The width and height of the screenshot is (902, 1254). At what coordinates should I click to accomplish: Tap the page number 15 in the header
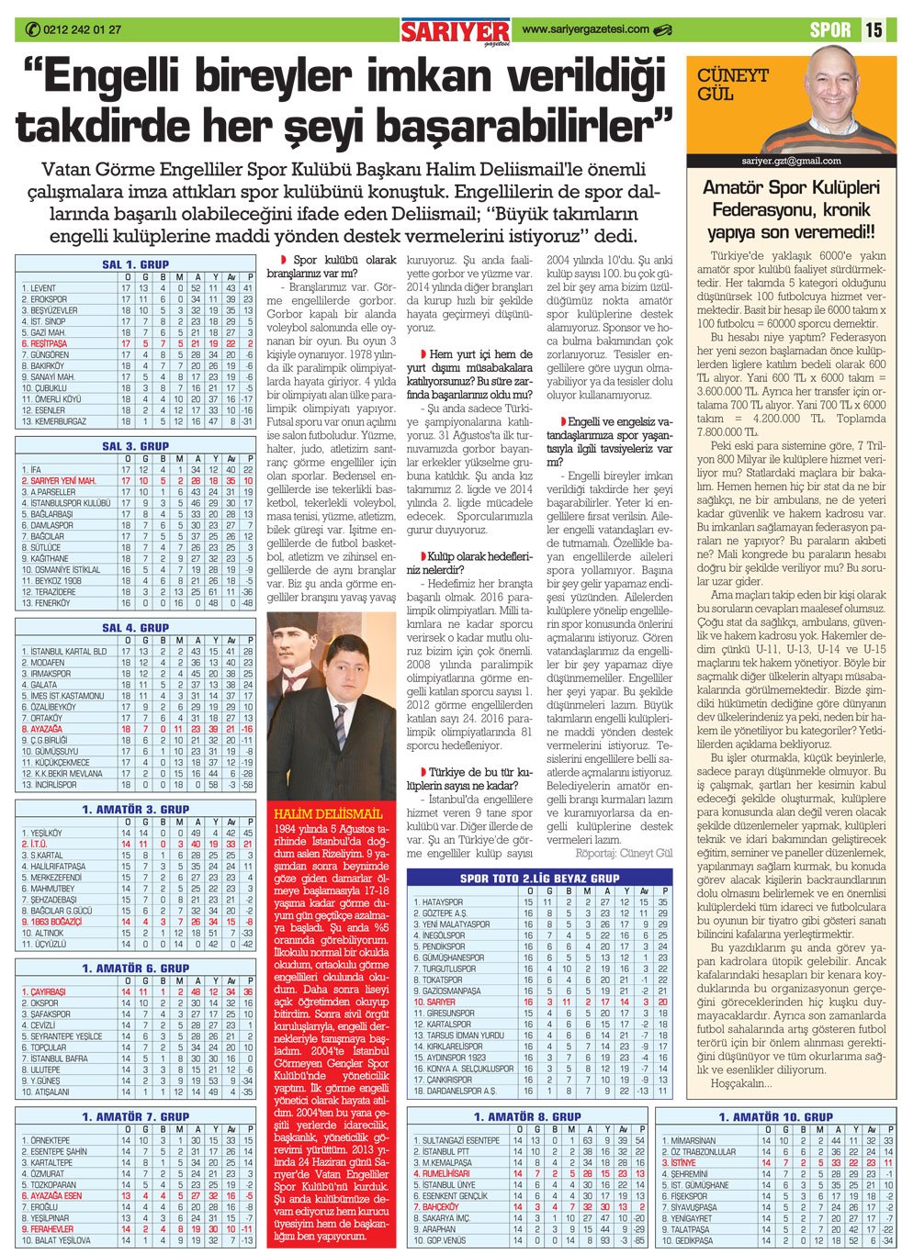click(874, 29)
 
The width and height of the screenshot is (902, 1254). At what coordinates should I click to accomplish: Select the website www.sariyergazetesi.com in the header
click(585, 29)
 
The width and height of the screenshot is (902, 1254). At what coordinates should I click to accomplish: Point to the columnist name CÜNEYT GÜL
click(732, 84)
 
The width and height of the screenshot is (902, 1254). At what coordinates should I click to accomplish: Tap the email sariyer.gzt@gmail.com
click(791, 161)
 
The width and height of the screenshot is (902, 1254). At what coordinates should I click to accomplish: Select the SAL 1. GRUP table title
click(135, 264)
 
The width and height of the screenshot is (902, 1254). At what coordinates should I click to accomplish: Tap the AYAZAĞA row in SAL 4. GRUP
click(41, 729)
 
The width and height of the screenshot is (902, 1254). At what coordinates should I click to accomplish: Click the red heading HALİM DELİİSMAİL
click(328, 813)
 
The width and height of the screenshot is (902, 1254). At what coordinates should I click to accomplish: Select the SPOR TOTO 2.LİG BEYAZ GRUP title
click(540, 878)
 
